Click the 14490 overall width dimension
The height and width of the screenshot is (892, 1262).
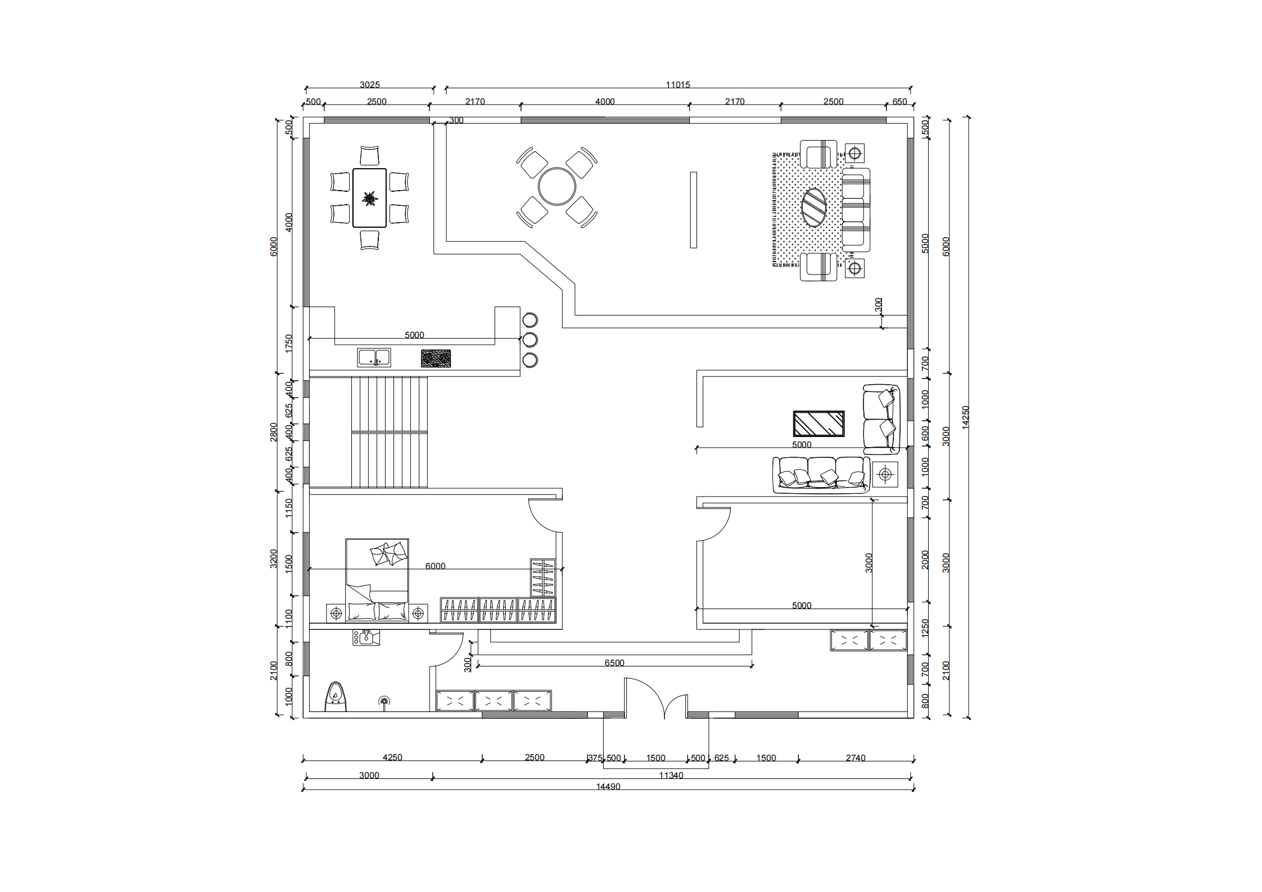click(608, 787)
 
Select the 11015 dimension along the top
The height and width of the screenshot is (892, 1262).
click(677, 85)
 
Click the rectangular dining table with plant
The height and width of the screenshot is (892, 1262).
click(369, 198)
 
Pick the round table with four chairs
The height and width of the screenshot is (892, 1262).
click(557, 187)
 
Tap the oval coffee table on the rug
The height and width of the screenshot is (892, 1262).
click(813, 208)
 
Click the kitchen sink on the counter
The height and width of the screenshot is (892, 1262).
click(374, 358)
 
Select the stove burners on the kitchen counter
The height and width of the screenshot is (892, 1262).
click(436, 358)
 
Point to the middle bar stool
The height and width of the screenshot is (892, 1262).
click(530, 340)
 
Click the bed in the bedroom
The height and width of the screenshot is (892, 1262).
click(377, 580)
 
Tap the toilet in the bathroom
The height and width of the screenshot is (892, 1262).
click(336, 697)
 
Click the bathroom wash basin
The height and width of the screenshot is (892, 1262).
click(366, 637)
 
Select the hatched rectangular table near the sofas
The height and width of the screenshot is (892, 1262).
click(818, 424)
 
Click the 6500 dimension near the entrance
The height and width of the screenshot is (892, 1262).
click(614, 663)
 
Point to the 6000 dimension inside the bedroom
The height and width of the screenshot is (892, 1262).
click(435, 566)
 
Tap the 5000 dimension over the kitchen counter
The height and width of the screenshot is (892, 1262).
click(414, 335)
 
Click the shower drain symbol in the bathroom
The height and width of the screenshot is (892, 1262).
click(384, 701)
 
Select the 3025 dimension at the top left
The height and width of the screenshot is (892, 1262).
click(369, 85)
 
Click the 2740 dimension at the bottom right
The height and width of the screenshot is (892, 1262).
click(855, 758)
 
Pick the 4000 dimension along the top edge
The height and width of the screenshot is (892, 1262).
click(605, 102)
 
